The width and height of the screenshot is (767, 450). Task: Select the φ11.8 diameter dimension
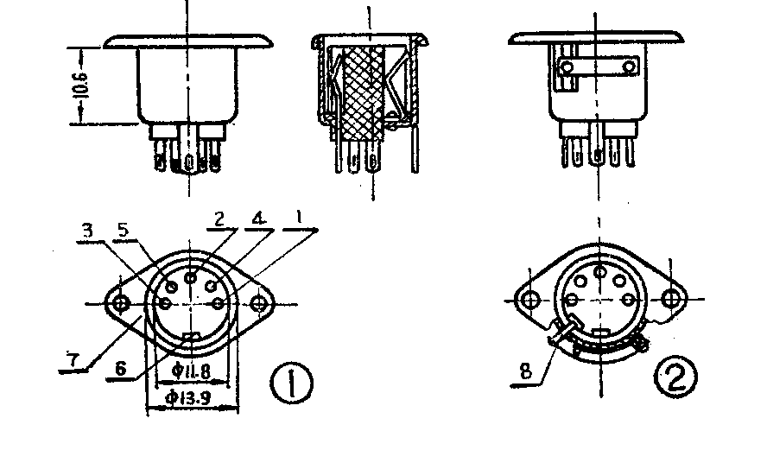coord(191,372)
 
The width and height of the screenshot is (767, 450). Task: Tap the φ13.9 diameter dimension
coord(188,397)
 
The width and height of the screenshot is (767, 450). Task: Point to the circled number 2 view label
coord(676,377)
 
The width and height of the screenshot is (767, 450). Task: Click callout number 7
coord(73,360)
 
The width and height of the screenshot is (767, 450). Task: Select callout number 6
coord(120,368)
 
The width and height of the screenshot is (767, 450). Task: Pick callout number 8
coord(525,371)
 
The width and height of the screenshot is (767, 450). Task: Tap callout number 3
coord(87,231)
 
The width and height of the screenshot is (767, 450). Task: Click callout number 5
coord(124,230)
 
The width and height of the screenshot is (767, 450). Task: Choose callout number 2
coord(219,219)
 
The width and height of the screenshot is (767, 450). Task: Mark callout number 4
coord(258,219)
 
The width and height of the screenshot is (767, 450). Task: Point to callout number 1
coord(299,218)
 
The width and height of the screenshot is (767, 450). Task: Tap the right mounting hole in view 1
coord(259,304)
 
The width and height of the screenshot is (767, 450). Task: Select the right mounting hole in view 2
coord(670,298)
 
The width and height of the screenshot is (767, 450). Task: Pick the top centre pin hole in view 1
coord(191,278)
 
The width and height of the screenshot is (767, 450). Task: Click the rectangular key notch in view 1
coord(191,336)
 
